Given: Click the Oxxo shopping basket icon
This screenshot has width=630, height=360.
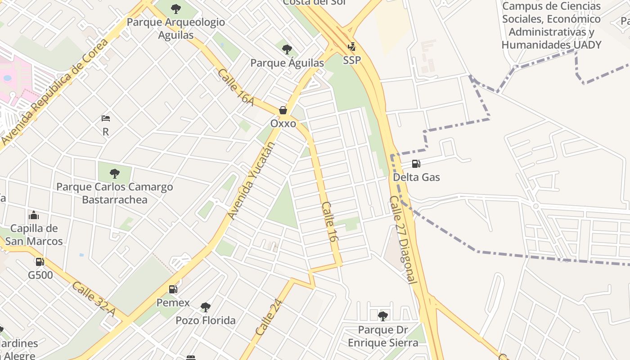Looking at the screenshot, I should (x=283, y=110).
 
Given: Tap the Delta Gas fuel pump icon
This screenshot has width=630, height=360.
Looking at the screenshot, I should (x=416, y=164).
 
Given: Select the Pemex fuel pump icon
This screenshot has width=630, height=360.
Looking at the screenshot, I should (x=173, y=289).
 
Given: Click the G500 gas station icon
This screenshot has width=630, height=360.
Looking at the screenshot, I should (x=40, y=261).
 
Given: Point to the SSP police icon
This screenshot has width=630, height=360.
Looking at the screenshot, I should (x=352, y=46).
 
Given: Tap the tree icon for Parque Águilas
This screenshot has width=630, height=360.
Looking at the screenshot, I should (x=287, y=49).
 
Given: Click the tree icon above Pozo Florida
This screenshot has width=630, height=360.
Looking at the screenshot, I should (x=205, y=307).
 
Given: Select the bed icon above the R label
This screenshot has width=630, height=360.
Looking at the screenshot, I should (x=106, y=119).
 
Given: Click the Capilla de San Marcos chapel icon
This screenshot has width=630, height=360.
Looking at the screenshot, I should (x=33, y=215).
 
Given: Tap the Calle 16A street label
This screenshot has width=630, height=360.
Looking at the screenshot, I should (x=236, y=88).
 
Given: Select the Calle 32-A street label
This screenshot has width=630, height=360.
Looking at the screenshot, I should (x=93, y=299).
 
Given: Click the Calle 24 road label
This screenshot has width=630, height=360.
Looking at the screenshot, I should (x=268, y=318).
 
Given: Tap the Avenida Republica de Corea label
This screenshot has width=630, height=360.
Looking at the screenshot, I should (x=55, y=92).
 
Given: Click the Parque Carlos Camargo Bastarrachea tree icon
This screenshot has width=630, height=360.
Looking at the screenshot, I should (x=115, y=173).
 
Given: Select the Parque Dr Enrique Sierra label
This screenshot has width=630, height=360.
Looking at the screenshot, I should (x=382, y=337).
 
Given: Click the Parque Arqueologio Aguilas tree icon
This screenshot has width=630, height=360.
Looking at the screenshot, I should (x=176, y=9).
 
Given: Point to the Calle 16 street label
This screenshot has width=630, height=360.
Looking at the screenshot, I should (x=329, y=222).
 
